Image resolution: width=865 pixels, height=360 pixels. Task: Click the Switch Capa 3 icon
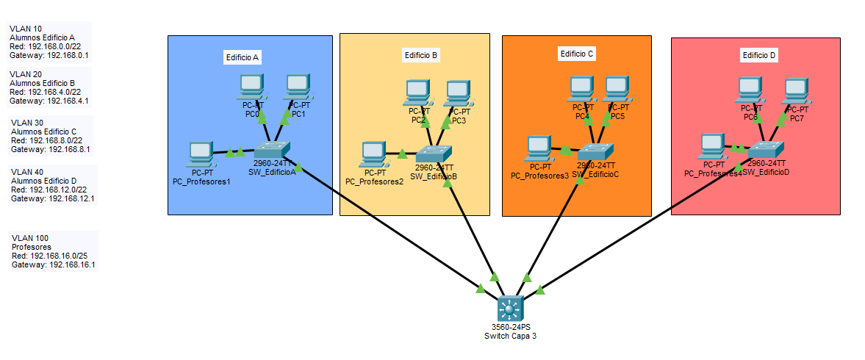(x=509, y=307)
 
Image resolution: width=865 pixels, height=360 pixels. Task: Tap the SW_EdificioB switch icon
(x=434, y=154)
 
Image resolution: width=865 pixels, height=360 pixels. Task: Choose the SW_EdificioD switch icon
(x=767, y=148)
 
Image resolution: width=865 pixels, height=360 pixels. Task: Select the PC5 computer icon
(x=617, y=89)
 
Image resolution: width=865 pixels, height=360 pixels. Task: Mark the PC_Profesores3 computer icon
(x=539, y=148)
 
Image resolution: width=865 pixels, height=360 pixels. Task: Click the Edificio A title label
(x=243, y=57)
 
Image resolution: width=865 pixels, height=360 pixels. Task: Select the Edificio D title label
(x=758, y=55)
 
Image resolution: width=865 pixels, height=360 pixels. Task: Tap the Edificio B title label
(x=421, y=55)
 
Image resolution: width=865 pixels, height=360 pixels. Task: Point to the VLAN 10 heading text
(x=26, y=29)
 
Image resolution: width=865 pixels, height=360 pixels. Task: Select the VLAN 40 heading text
(x=27, y=171)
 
